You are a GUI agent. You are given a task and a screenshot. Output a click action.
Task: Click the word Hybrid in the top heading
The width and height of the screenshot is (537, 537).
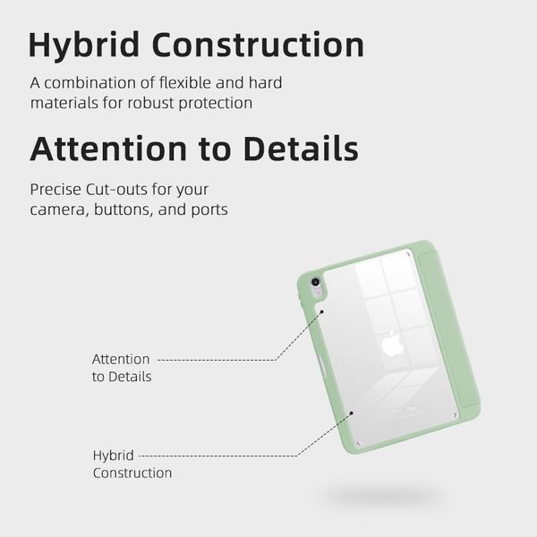tap(84, 46)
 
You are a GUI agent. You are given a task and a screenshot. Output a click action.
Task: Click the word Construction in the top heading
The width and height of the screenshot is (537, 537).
tap(258, 45)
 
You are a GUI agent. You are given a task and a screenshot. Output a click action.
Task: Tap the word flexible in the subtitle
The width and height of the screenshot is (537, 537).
tap(185, 82)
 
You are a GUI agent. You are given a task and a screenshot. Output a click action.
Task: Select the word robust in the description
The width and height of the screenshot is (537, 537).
tap(151, 103)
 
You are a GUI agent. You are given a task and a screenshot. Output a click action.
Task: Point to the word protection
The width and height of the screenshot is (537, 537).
tap(216, 104)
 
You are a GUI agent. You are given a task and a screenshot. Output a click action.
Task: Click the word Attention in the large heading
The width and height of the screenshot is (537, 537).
tap(108, 149)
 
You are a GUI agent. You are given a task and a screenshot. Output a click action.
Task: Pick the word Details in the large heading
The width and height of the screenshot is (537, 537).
tap(301, 149)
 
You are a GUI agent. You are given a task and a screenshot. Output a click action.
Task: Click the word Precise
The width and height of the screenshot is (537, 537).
tap(55, 190)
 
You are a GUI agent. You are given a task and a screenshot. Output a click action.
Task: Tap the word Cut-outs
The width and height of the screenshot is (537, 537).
tap(116, 190)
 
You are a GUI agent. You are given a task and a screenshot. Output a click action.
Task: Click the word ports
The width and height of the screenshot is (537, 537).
tap(209, 210)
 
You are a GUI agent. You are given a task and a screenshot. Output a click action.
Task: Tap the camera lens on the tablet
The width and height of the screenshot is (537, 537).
tap(315, 282)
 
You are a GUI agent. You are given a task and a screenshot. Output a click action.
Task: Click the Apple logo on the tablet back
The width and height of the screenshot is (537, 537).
tap(393, 343)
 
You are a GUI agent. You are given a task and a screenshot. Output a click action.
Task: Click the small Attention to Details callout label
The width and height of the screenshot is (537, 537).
tap(122, 368)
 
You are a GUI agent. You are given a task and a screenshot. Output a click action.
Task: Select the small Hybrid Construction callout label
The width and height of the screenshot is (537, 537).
tap(132, 464)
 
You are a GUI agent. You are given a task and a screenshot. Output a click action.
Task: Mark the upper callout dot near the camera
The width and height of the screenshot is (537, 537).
tap(321, 311)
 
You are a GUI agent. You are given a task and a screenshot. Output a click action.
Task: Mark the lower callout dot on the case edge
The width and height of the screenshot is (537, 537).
tap(351, 413)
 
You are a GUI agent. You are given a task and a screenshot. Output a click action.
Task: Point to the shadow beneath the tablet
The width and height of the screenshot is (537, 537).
tap(382, 494)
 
